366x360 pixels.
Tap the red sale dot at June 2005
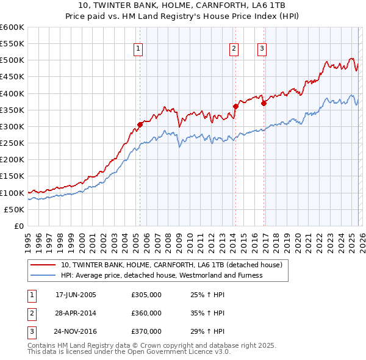(x=140, y=124)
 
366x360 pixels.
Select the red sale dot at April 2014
(x=235, y=106)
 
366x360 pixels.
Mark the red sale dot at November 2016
(x=264, y=103)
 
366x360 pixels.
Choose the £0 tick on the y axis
(x=18, y=226)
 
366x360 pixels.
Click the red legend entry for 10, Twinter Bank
(x=171, y=265)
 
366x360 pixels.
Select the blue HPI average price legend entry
(x=161, y=275)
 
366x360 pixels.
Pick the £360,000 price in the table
(x=146, y=313)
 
